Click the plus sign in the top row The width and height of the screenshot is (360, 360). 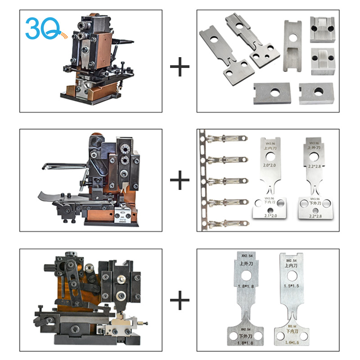(180, 68)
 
